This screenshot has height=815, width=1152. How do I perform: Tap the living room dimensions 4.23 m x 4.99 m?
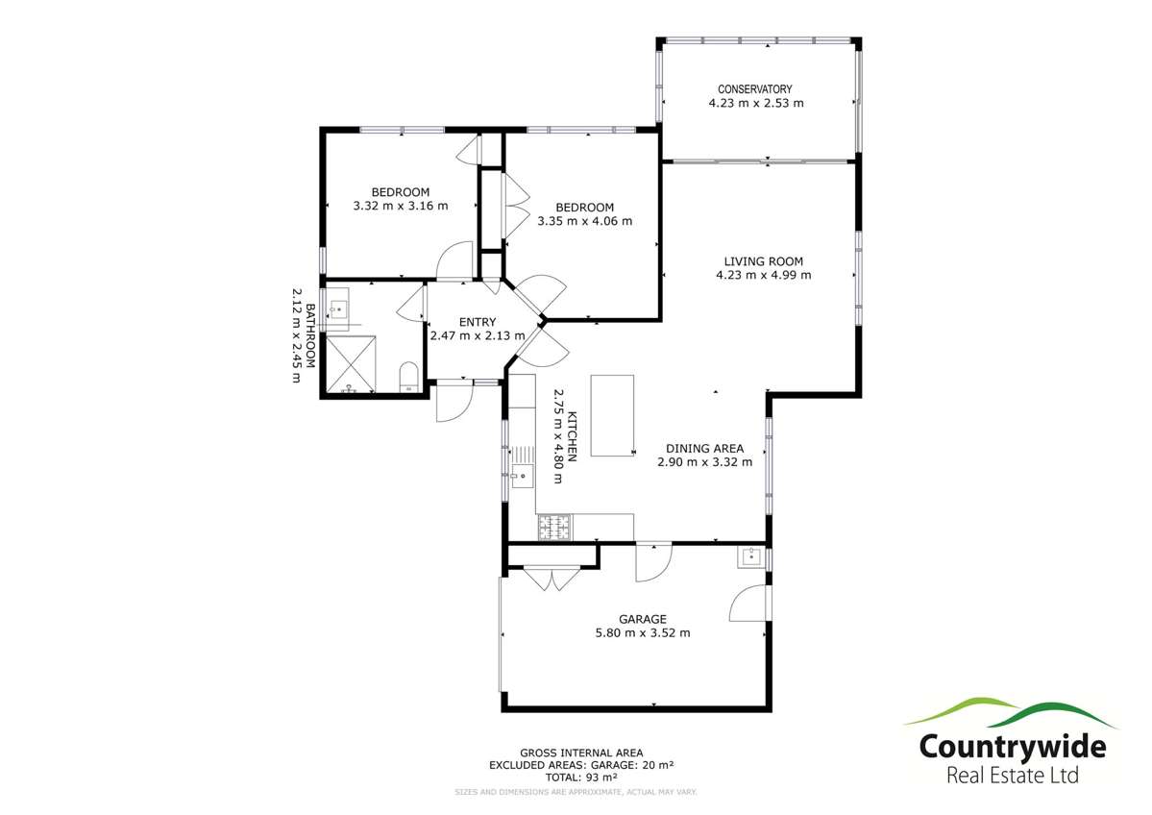763,275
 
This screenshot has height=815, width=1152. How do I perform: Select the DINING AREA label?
704,448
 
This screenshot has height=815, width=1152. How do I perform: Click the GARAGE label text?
643,619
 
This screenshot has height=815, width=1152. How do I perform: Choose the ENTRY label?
477,322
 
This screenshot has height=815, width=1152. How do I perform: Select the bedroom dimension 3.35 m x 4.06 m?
584,221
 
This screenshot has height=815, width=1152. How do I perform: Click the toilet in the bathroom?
407,376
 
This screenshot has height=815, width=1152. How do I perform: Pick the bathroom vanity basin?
339,309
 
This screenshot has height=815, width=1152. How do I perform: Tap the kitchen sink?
523,474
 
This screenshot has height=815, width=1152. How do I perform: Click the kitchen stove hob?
553,526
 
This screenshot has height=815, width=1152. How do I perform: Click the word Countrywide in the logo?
1012,746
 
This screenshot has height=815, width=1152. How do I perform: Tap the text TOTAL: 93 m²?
581,777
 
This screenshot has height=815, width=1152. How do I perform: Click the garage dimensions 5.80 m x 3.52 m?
643,632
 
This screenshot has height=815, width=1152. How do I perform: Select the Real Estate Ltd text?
1013,776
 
